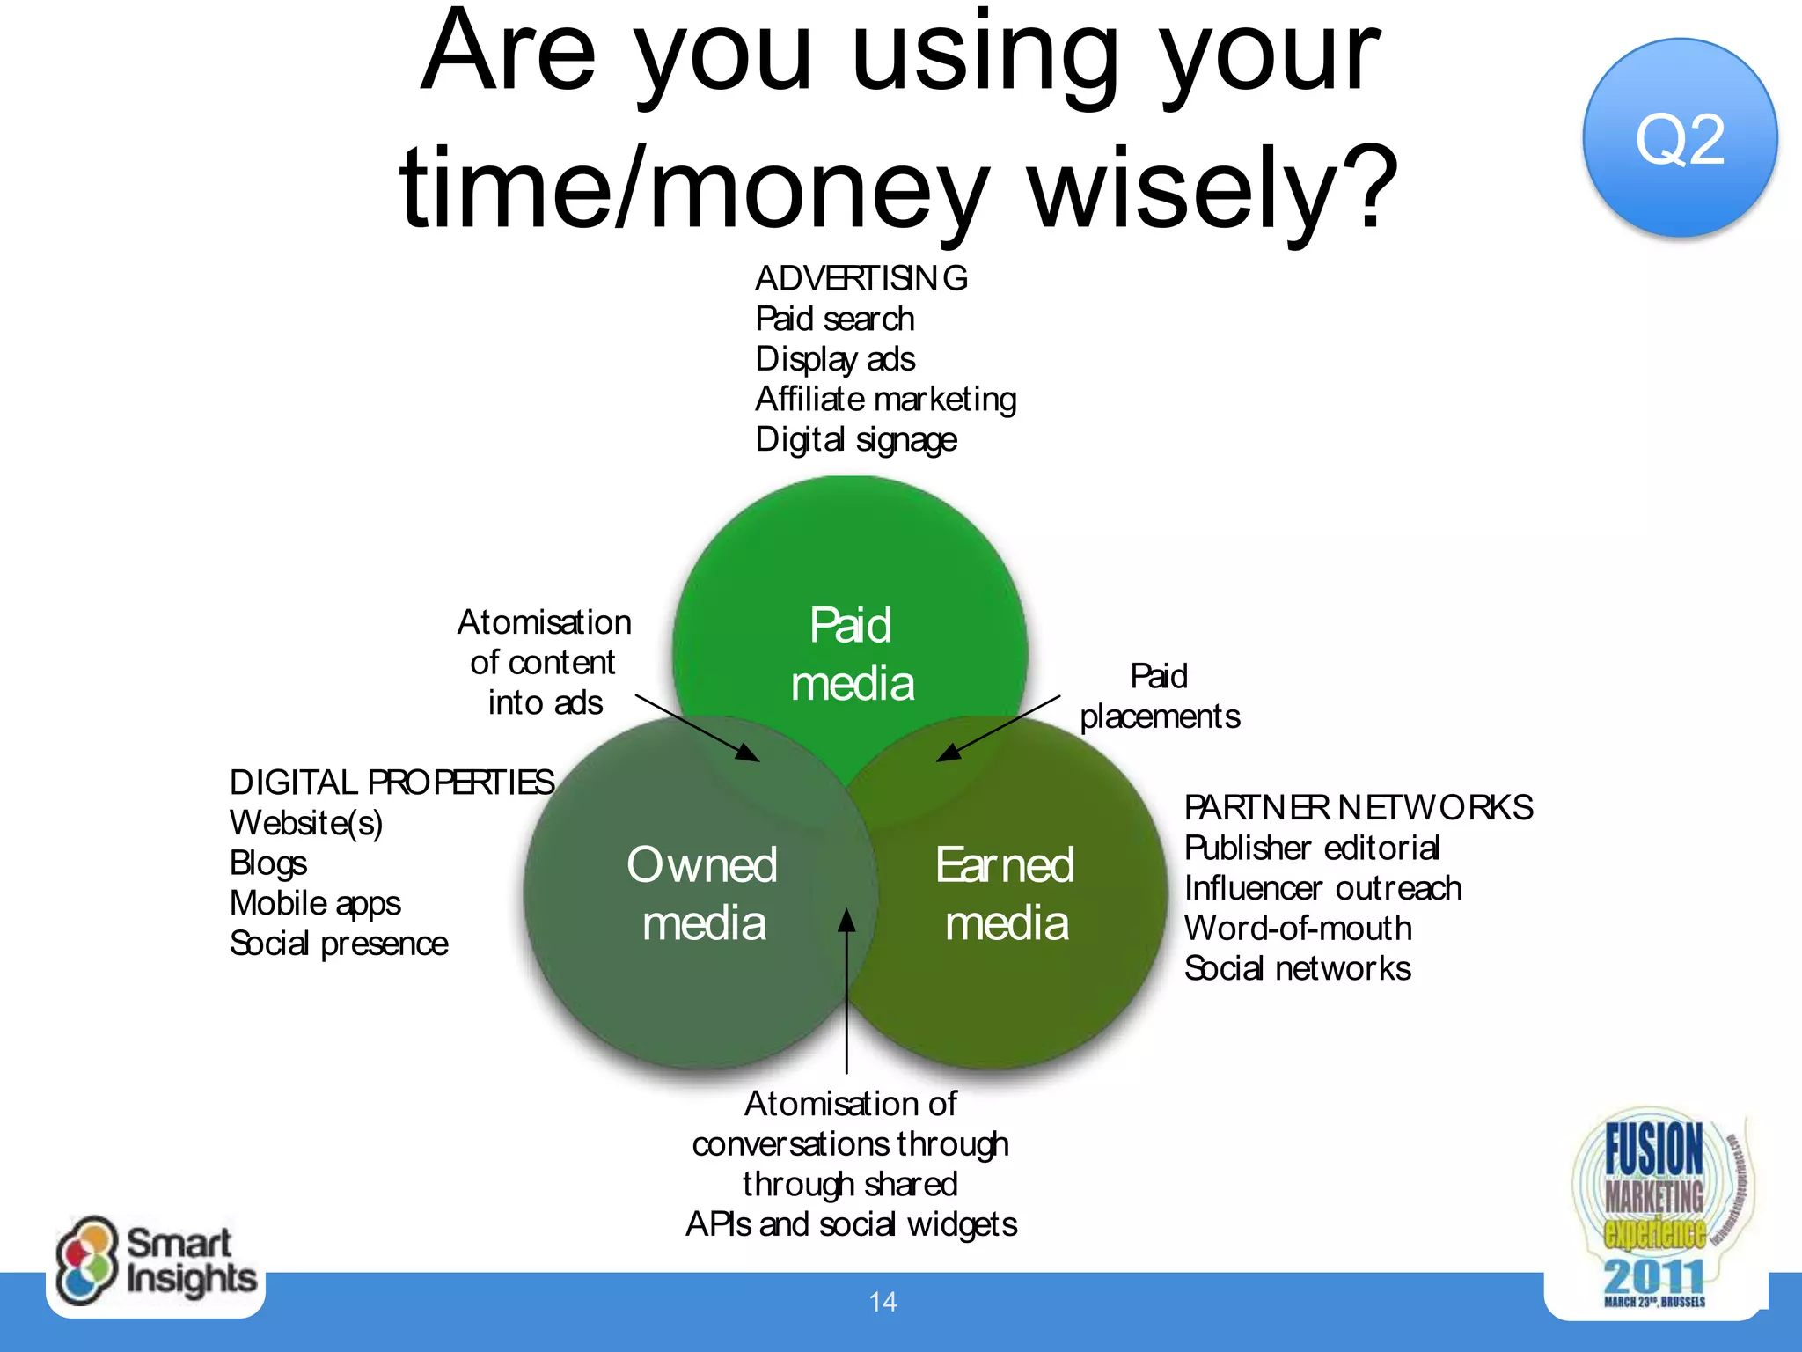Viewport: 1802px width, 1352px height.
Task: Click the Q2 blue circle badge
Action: point(1679,138)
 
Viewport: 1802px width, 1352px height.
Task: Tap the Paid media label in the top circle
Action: point(851,654)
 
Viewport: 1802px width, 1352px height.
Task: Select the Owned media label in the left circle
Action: point(702,893)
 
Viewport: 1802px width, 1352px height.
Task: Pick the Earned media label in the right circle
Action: point(1005,893)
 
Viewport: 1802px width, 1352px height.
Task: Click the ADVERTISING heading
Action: point(861,278)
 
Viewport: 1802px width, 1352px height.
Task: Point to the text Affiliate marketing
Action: point(885,399)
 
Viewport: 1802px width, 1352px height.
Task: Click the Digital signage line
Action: point(855,439)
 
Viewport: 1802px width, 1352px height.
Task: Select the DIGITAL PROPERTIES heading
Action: point(392,782)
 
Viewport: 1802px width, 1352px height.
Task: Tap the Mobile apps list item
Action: point(314,903)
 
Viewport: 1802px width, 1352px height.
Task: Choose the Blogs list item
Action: point(267,863)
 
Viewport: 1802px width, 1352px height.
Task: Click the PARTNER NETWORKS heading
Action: point(1358,807)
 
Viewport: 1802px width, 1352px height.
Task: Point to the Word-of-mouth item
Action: point(1297,928)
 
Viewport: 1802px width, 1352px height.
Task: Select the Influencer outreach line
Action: point(1322,888)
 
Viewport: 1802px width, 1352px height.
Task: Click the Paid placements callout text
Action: point(1159,696)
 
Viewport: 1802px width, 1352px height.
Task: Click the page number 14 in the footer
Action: point(883,1302)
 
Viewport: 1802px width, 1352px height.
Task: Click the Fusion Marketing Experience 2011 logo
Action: point(1654,1210)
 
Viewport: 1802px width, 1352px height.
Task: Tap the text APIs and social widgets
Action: point(851,1224)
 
